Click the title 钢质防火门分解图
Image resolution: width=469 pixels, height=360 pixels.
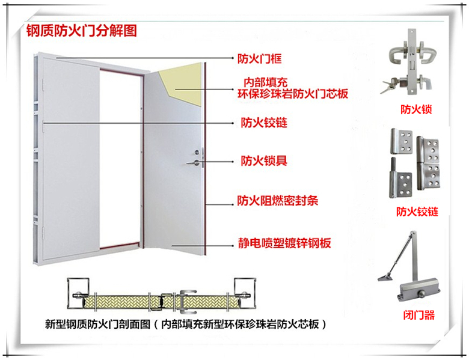[x=82, y=31]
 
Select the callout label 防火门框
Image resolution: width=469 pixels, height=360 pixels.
[x=260, y=58]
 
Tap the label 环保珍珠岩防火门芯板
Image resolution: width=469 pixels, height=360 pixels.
[x=293, y=94]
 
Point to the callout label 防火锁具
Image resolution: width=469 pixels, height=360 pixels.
[x=264, y=161]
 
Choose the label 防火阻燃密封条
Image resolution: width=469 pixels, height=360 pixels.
[x=278, y=201]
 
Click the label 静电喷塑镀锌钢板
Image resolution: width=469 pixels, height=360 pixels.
[x=284, y=243]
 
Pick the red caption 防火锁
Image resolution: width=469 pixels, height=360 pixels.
[x=416, y=109]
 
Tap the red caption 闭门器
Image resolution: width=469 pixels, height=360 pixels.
[x=418, y=315]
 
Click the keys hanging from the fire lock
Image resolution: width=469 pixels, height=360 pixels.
[x=389, y=85]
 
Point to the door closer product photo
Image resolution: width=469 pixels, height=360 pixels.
[x=409, y=266]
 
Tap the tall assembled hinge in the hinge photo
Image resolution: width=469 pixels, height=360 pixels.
[x=428, y=163]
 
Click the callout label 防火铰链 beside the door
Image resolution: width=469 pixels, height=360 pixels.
[x=264, y=123]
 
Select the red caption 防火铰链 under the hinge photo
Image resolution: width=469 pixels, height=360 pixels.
[x=417, y=212]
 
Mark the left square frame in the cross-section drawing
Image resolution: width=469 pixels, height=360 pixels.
[x=78, y=293]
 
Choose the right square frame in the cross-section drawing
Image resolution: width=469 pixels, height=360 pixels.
[x=245, y=293]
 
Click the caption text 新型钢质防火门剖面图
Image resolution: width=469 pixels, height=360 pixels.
[x=97, y=324]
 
